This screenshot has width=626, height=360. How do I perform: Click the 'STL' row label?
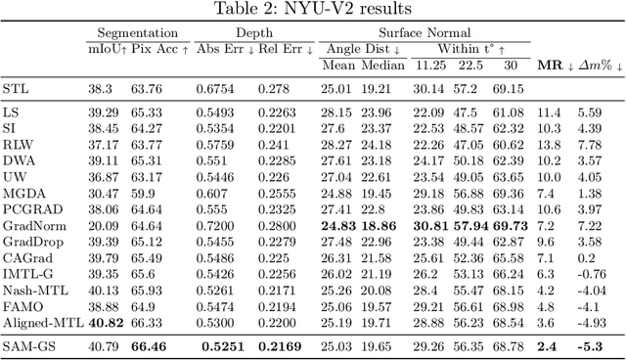(x=16, y=89)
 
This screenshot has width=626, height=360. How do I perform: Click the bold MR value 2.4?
(x=548, y=345)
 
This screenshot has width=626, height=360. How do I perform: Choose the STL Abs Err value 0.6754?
(x=216, y=89)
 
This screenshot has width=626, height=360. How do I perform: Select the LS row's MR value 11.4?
(x=548, y=112)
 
